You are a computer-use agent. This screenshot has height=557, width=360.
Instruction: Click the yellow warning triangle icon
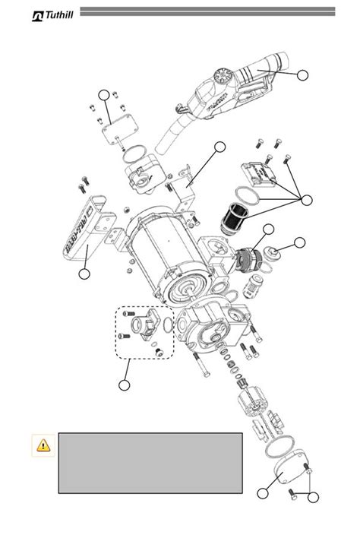(x=41, y=447)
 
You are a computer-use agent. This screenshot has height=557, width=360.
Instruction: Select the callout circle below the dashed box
(x=125, y=385)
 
